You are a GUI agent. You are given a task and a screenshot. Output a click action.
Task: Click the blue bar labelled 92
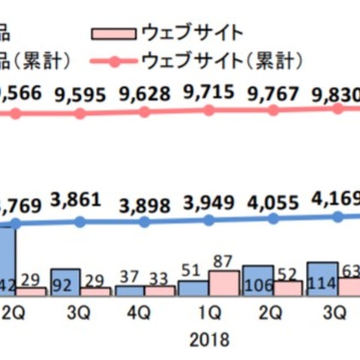tap(65, 281)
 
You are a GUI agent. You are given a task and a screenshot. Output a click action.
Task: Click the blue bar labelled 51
tap(193, 288)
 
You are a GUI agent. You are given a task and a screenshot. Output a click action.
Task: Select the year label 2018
tap(208, 337)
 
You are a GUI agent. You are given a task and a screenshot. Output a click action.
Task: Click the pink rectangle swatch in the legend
tap(113, 32)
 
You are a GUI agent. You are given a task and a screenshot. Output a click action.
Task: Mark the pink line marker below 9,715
tap(209, 109)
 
